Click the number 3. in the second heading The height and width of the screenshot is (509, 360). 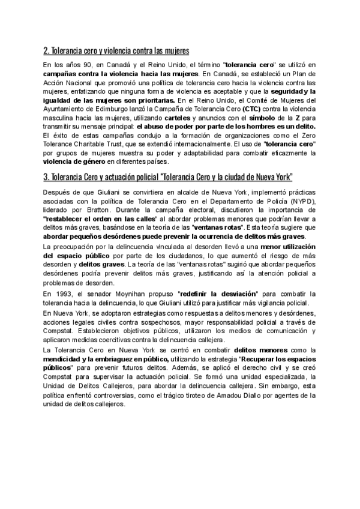coord(46,178)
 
